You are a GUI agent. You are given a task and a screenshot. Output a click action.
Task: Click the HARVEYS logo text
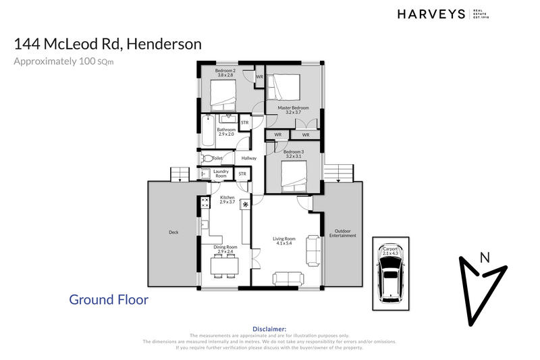431,14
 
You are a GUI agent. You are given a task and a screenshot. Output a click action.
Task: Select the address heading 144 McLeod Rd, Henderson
108,45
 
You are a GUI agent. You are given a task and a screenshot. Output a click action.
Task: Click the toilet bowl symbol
206,158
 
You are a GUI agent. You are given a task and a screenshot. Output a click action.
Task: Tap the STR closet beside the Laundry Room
242,174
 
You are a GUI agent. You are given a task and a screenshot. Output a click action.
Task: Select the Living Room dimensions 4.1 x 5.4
284,243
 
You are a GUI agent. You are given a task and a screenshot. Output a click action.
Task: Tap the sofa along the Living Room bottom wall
288,278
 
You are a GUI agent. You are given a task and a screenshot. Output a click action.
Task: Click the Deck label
173,233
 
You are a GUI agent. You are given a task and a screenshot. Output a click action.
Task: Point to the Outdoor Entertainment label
342,233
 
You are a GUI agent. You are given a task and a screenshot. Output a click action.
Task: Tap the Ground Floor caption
109,299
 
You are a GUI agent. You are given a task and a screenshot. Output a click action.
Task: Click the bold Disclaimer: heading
269,328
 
